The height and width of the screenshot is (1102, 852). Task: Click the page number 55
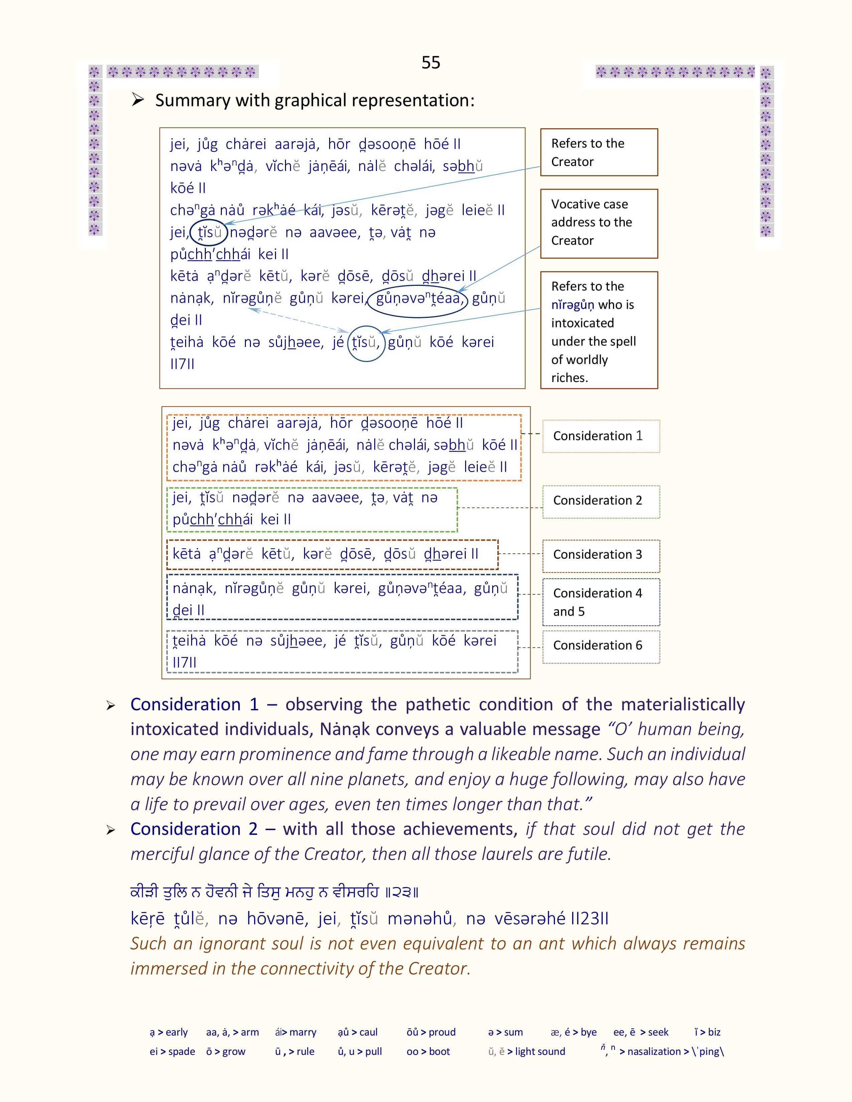pyautogui.click(x=431, y=62)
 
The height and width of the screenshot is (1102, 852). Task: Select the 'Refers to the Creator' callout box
pyautogui.click(x=599, y=152)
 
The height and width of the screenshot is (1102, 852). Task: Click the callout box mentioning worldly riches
pyautogui.click(x=599, y=331)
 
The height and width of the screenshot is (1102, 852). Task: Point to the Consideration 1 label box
pyautogui.click(x=601, y=436)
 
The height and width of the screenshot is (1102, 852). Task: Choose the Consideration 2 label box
pyautogui.click(x=601, y=501)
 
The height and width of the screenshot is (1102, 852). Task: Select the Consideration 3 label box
pyautogui.click(x=601, y=555)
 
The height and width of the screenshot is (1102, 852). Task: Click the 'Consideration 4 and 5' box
pyautogui.click(x=601, y=602)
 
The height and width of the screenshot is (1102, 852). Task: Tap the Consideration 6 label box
pyautogui.click(x=601, y=646)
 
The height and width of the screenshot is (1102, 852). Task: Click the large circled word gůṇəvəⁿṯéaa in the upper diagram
pyautogui.click(x=418, y=299)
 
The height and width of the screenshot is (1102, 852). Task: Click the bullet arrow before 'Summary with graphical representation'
pyautogui.click(x=138, y=100)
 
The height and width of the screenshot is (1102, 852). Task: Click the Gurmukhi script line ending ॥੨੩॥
pyautogui.click(x=274, y=892)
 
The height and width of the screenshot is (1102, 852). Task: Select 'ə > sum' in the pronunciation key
pyautogui.click(x=505, y=1032)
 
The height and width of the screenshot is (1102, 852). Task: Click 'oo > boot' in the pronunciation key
pyautogui.click(x=428, y=1052)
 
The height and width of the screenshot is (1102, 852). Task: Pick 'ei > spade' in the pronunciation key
pyautogui.click(x=172, y=1052)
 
